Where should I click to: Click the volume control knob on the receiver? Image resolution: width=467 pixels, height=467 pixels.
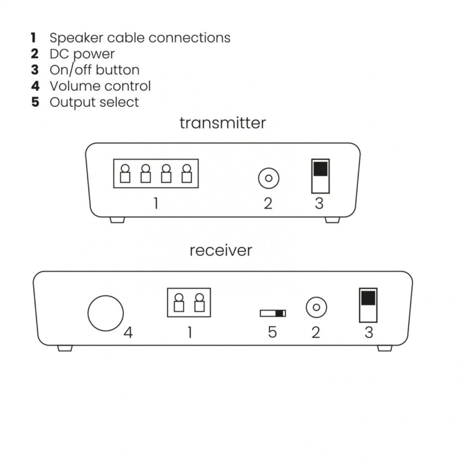105,313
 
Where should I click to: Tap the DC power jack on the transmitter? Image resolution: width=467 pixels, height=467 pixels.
269,178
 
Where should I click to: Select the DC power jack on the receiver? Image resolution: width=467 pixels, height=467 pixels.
316,307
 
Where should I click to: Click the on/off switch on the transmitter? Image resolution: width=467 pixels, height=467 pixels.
320,176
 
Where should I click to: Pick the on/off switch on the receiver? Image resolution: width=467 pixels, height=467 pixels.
368,305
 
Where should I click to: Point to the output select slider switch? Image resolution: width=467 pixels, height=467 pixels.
273,313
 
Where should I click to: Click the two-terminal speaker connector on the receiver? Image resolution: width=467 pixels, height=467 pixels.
189,302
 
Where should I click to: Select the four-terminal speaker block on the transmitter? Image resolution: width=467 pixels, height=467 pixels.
156,173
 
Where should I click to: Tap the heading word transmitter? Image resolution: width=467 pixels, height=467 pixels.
223,123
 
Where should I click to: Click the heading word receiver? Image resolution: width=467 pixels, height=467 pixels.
221,250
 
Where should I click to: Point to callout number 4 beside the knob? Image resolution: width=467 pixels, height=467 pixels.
128,333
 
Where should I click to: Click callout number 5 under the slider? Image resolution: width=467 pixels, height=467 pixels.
272,332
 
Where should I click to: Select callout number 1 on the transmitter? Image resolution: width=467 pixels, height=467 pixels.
156,203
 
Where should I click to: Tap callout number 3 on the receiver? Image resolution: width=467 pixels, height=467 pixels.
368,332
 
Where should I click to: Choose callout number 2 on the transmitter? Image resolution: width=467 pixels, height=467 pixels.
268,203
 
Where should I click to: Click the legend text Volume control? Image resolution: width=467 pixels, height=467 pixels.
100,86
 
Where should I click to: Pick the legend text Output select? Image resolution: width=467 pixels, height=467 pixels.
94,102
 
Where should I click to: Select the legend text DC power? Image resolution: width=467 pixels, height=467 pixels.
82,54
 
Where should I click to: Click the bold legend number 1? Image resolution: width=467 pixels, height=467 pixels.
34,37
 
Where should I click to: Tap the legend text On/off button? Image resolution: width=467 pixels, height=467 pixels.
94,70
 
